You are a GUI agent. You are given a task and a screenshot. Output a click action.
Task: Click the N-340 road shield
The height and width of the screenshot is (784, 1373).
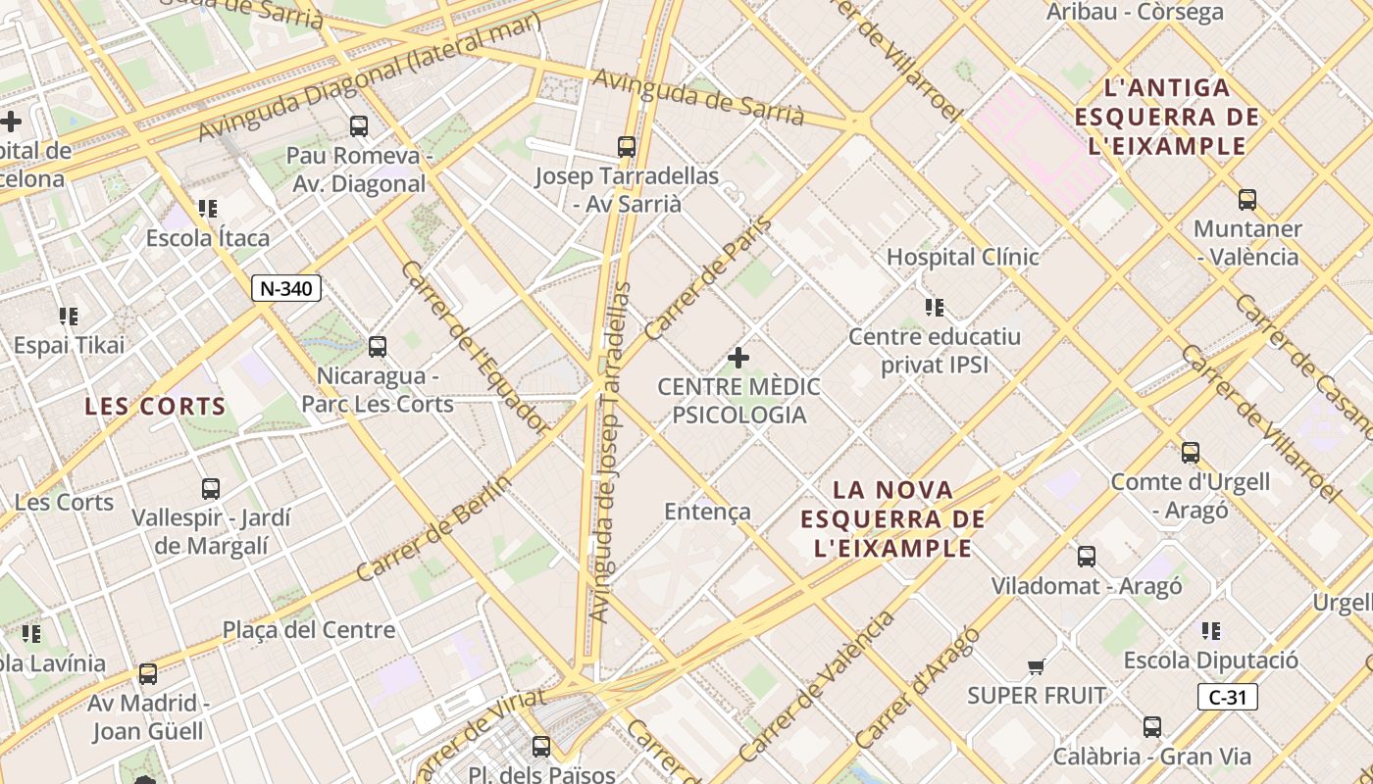point(286,288)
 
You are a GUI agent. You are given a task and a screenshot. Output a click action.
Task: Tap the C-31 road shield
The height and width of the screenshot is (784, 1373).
point(1227,697)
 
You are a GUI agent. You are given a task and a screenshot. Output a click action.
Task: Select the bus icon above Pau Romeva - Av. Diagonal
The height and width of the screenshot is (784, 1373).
point(359,125)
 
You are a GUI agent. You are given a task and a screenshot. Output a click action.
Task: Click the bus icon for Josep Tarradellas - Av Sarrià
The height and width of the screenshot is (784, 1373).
point(627,147)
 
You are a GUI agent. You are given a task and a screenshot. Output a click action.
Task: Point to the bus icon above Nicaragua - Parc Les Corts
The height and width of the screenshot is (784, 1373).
point(378,346)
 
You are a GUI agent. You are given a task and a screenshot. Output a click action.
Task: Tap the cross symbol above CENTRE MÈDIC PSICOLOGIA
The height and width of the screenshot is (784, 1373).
point(738,358)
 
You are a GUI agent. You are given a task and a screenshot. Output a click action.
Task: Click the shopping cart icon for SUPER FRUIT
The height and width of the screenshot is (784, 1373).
point(1036,667)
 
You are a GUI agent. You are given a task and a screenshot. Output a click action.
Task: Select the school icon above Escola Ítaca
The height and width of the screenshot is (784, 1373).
point(207,209)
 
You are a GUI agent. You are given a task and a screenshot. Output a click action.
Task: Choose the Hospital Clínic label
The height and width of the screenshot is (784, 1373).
point(962,257)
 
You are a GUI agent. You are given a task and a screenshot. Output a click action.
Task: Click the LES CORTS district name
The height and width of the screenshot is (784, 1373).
point(155,406)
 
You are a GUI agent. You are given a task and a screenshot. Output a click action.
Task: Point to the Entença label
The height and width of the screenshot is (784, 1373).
point(707,512)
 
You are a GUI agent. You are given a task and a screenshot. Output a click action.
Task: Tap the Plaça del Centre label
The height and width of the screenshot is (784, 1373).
point(309,630)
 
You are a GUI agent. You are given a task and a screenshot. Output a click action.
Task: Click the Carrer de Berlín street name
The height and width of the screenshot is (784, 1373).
point(433,529)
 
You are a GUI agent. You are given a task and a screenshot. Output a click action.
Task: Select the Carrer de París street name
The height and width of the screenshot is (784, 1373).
point(708,279)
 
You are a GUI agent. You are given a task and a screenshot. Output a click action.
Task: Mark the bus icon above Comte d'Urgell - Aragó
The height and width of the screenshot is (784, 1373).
point(1191,453)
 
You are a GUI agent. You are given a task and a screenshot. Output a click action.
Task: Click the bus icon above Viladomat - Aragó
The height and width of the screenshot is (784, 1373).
point(1087,557)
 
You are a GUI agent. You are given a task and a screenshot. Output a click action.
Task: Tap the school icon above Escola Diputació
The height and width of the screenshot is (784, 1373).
point(1211,631)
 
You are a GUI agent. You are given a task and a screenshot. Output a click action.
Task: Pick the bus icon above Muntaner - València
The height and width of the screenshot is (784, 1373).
point(1247,200)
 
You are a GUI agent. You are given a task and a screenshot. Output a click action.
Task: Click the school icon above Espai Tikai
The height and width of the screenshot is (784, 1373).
point(68,316)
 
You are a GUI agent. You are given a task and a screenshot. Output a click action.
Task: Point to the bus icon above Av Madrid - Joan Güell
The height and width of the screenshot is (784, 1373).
point(147,674)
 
